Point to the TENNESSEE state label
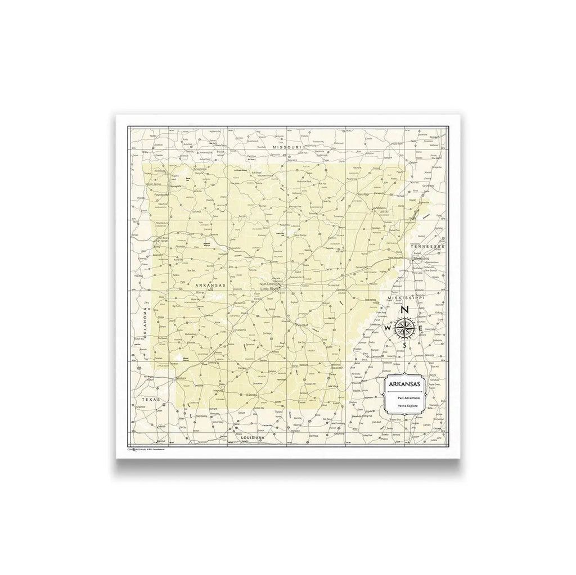point(427,247)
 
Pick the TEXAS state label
point(151,400)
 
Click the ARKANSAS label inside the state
point(210,286)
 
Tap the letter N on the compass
point(405,310)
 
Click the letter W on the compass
point(388,327)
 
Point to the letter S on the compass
point(405,345)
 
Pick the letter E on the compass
point(422,327)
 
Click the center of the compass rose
point(405,327)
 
